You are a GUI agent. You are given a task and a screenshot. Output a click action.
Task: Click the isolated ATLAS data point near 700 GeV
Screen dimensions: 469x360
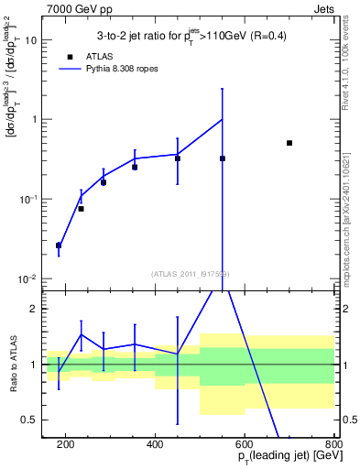click(289, 143)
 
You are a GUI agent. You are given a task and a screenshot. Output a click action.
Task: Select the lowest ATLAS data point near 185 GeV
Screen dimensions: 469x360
click(59, 245)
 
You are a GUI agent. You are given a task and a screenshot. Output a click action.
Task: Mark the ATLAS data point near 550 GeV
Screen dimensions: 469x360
click(223, 158)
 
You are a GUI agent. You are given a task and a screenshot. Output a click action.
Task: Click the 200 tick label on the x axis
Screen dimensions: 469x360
click(65, 443)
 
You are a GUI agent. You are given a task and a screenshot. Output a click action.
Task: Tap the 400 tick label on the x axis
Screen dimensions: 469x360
click(155, 443)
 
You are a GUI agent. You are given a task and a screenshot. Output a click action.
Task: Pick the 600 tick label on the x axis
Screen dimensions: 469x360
click(245, 443)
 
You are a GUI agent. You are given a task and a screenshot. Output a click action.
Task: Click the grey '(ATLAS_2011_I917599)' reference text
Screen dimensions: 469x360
click(191, 274)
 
